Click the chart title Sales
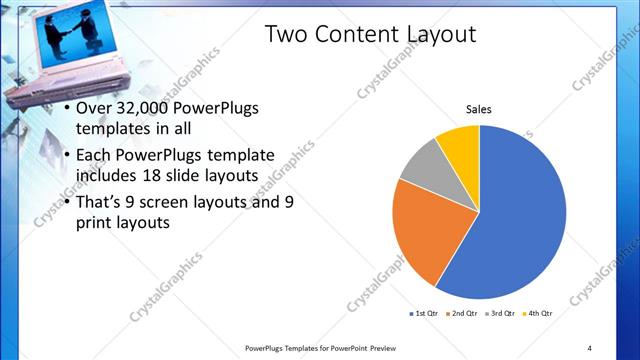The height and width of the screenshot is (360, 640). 480,109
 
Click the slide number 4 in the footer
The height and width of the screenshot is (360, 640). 589,348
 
